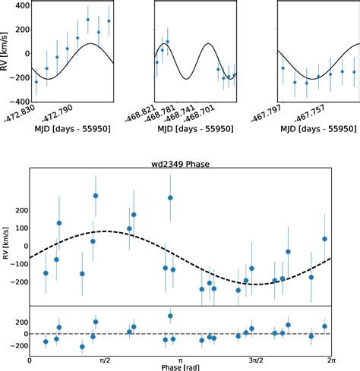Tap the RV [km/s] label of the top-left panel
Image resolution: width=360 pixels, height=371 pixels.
point(6,52)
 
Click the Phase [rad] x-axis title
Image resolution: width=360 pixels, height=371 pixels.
point(180,366)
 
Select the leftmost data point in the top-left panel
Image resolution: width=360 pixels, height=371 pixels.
point(36,82)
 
